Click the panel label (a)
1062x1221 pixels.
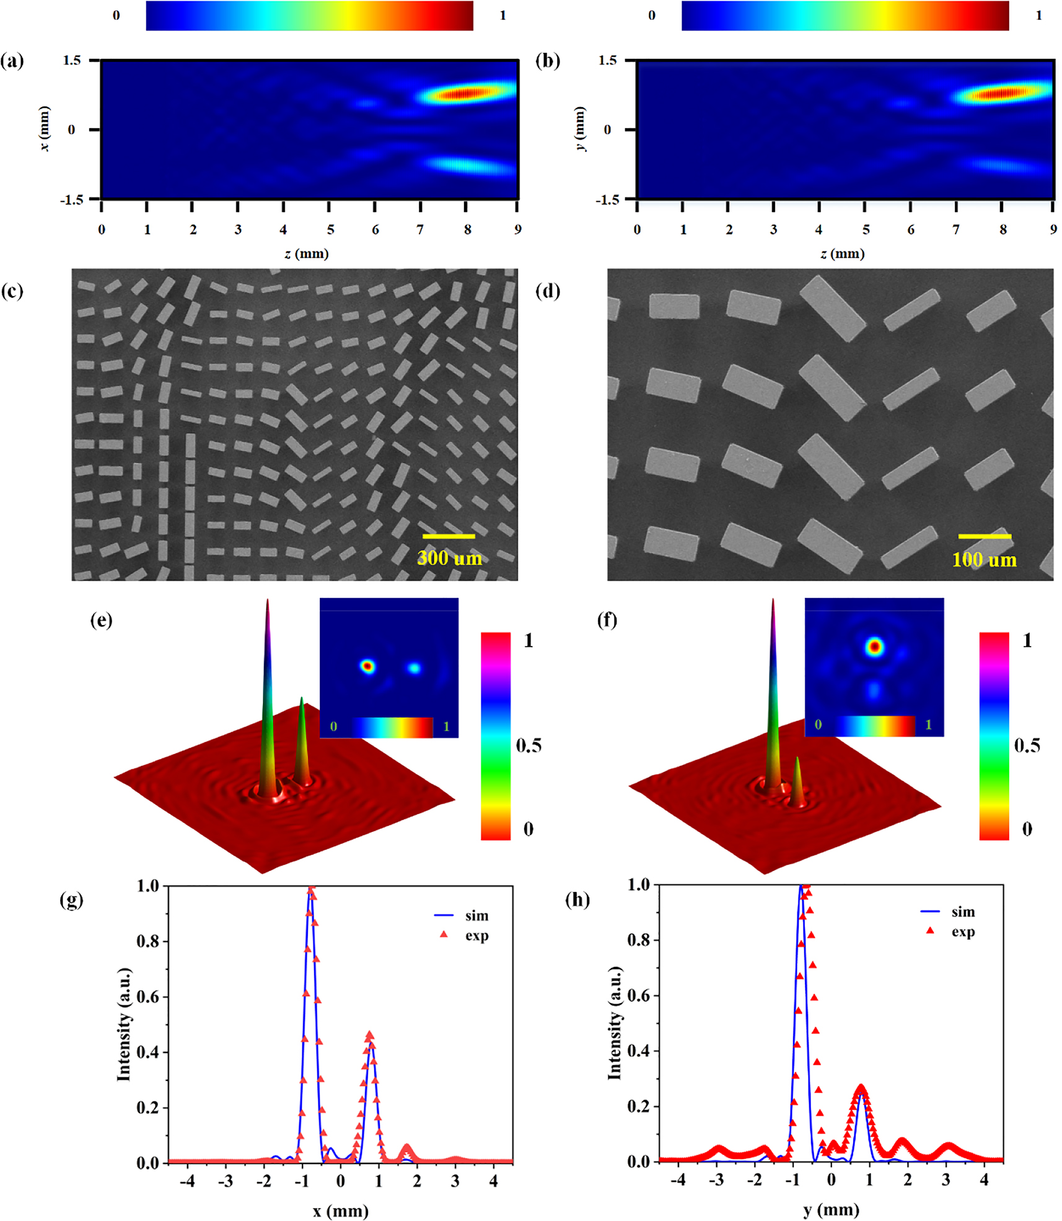12,61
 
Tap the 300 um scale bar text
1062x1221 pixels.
449,558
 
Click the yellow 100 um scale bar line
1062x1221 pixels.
985,536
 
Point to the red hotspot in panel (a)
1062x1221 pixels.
466,94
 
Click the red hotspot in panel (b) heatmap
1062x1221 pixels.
1001,94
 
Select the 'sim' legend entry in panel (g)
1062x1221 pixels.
476,916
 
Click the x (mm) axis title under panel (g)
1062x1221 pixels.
340,1210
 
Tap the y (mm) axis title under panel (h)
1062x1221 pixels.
830,1209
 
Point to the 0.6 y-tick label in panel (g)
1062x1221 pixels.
149,997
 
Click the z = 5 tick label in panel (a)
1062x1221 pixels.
330,230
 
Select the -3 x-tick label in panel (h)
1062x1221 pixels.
716,1180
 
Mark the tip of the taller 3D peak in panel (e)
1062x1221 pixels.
268,601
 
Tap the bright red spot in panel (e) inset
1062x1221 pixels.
367,667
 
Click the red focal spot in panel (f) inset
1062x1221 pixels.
874,647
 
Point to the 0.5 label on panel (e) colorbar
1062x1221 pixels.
529,745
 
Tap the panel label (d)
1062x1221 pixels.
548,291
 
